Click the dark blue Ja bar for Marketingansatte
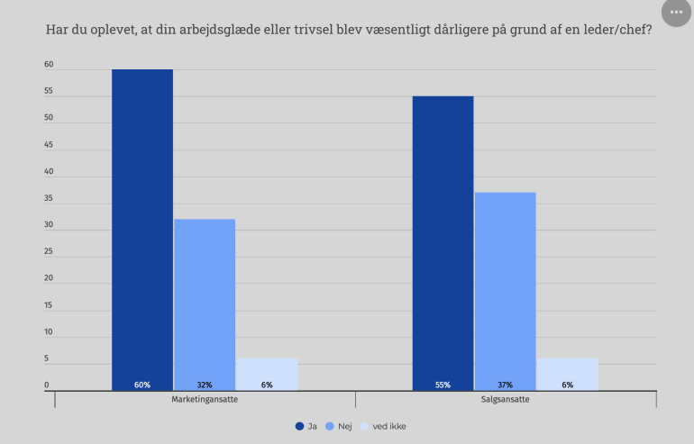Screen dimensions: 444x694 point(142,225)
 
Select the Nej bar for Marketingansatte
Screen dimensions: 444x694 point(205,302)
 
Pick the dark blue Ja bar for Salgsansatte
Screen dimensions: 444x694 point(443,239)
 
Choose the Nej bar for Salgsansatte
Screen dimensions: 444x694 point(505,288)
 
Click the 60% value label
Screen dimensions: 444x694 point(142,385)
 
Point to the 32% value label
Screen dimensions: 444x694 point(205,385)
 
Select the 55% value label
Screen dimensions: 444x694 point(443,385)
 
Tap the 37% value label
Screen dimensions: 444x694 point(505,385)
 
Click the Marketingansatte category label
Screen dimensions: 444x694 point(205,400)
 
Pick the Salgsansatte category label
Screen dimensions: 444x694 point(505,400)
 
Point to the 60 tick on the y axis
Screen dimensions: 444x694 point(49,65)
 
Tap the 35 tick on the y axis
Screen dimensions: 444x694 point(49,199)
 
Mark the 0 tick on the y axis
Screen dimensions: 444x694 point(47,386)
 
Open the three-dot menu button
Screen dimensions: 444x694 point(676,12)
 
